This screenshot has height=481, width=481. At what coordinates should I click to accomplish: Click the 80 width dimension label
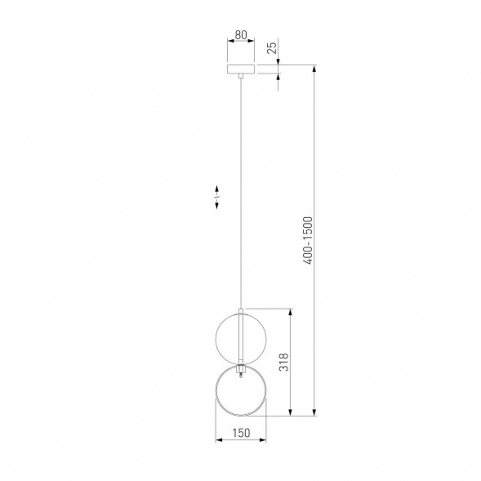point(241,35)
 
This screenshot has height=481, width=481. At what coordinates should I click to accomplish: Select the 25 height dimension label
point(272,47)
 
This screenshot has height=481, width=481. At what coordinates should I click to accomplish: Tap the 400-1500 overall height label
point(307,240)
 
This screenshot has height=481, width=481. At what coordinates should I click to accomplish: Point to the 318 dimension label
point(283,362)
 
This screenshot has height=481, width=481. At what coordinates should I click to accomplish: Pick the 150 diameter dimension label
point(241,433)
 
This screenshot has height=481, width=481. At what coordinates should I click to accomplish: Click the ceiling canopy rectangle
point(241,69)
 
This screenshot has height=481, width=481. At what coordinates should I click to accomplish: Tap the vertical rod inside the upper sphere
point(241,336)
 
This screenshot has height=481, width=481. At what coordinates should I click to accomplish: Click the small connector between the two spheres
point(241,370)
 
